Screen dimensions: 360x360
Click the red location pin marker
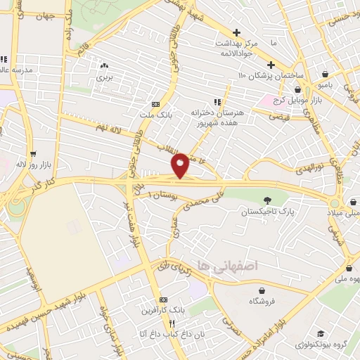click(180, 165)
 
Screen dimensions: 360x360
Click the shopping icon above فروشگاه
click(259, 290)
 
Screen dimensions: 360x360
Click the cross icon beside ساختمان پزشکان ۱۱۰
click(271, 65)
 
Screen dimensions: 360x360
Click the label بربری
click(104, 75)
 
